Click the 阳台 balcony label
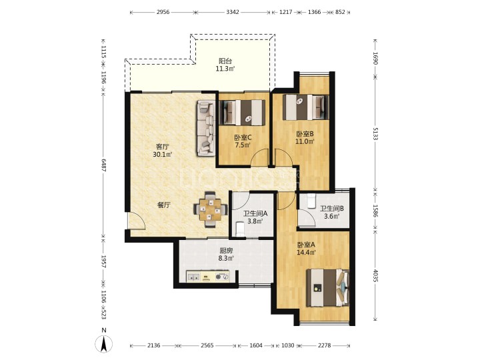(225, 61)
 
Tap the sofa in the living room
(205, 128)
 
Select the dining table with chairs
(210, 209)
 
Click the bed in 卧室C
(243, 113)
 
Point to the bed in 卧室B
(305, 107)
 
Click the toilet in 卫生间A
(240, 229)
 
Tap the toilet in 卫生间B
(311, 201)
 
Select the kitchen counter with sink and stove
(208, 276)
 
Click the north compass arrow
(104, 344)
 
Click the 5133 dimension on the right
(375, 133)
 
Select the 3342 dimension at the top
(233, 12)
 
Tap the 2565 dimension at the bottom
(207, 345)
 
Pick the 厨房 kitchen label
(226, 251)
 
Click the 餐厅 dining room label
(164, 205)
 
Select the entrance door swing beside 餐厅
(137, 221)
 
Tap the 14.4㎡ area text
(306, 253)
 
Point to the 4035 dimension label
(375, 275)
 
